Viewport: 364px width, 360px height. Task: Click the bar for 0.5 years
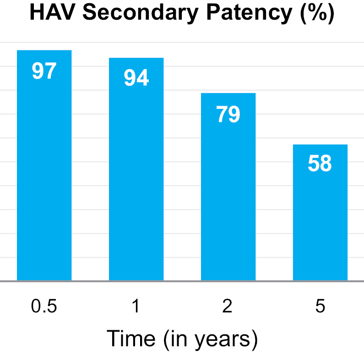coord(44,174)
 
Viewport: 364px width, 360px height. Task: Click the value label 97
coord(44,71)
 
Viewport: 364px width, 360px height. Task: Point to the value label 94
coord(136,78)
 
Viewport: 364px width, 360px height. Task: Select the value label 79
coord(228,114)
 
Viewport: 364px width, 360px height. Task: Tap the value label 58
coord(320,164)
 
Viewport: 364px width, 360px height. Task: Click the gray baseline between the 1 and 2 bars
coord(182,281)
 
